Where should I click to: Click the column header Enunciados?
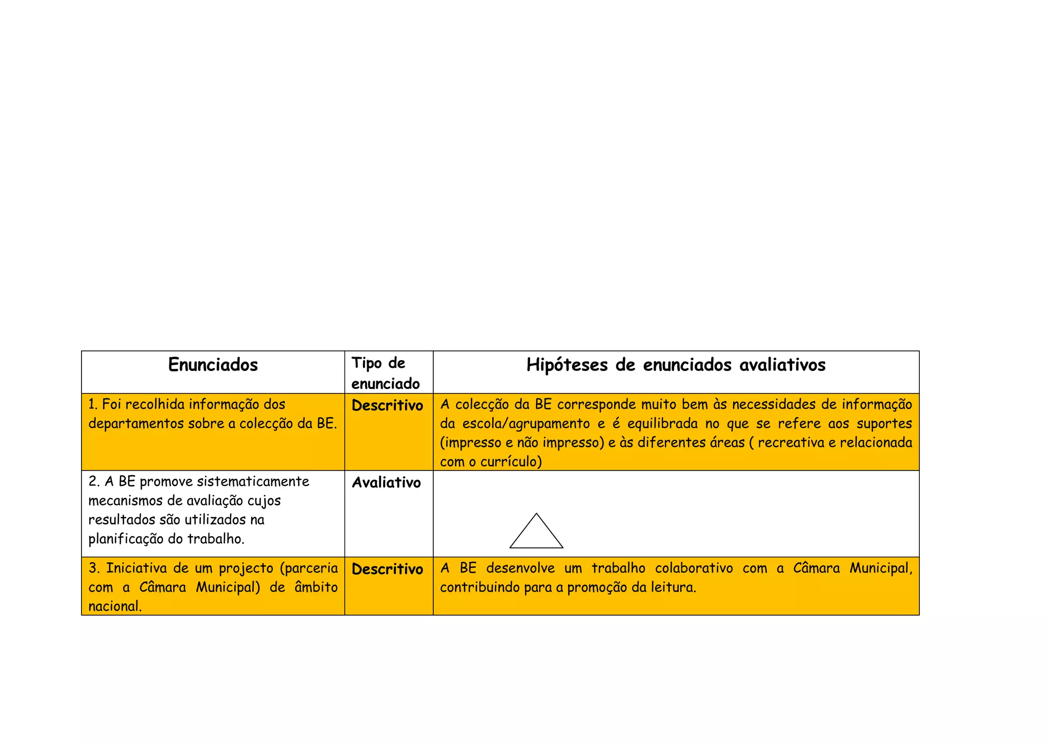(x=213, y=365)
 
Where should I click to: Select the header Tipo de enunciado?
(x=385, y=373)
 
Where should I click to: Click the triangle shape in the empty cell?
(x=536, y=534)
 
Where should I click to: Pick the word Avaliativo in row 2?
(x=386, y=482)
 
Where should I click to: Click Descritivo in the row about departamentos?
(x=387, y=405)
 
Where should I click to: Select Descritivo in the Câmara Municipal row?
(x=387, y=569)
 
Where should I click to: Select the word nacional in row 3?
(x=114, y=607)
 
